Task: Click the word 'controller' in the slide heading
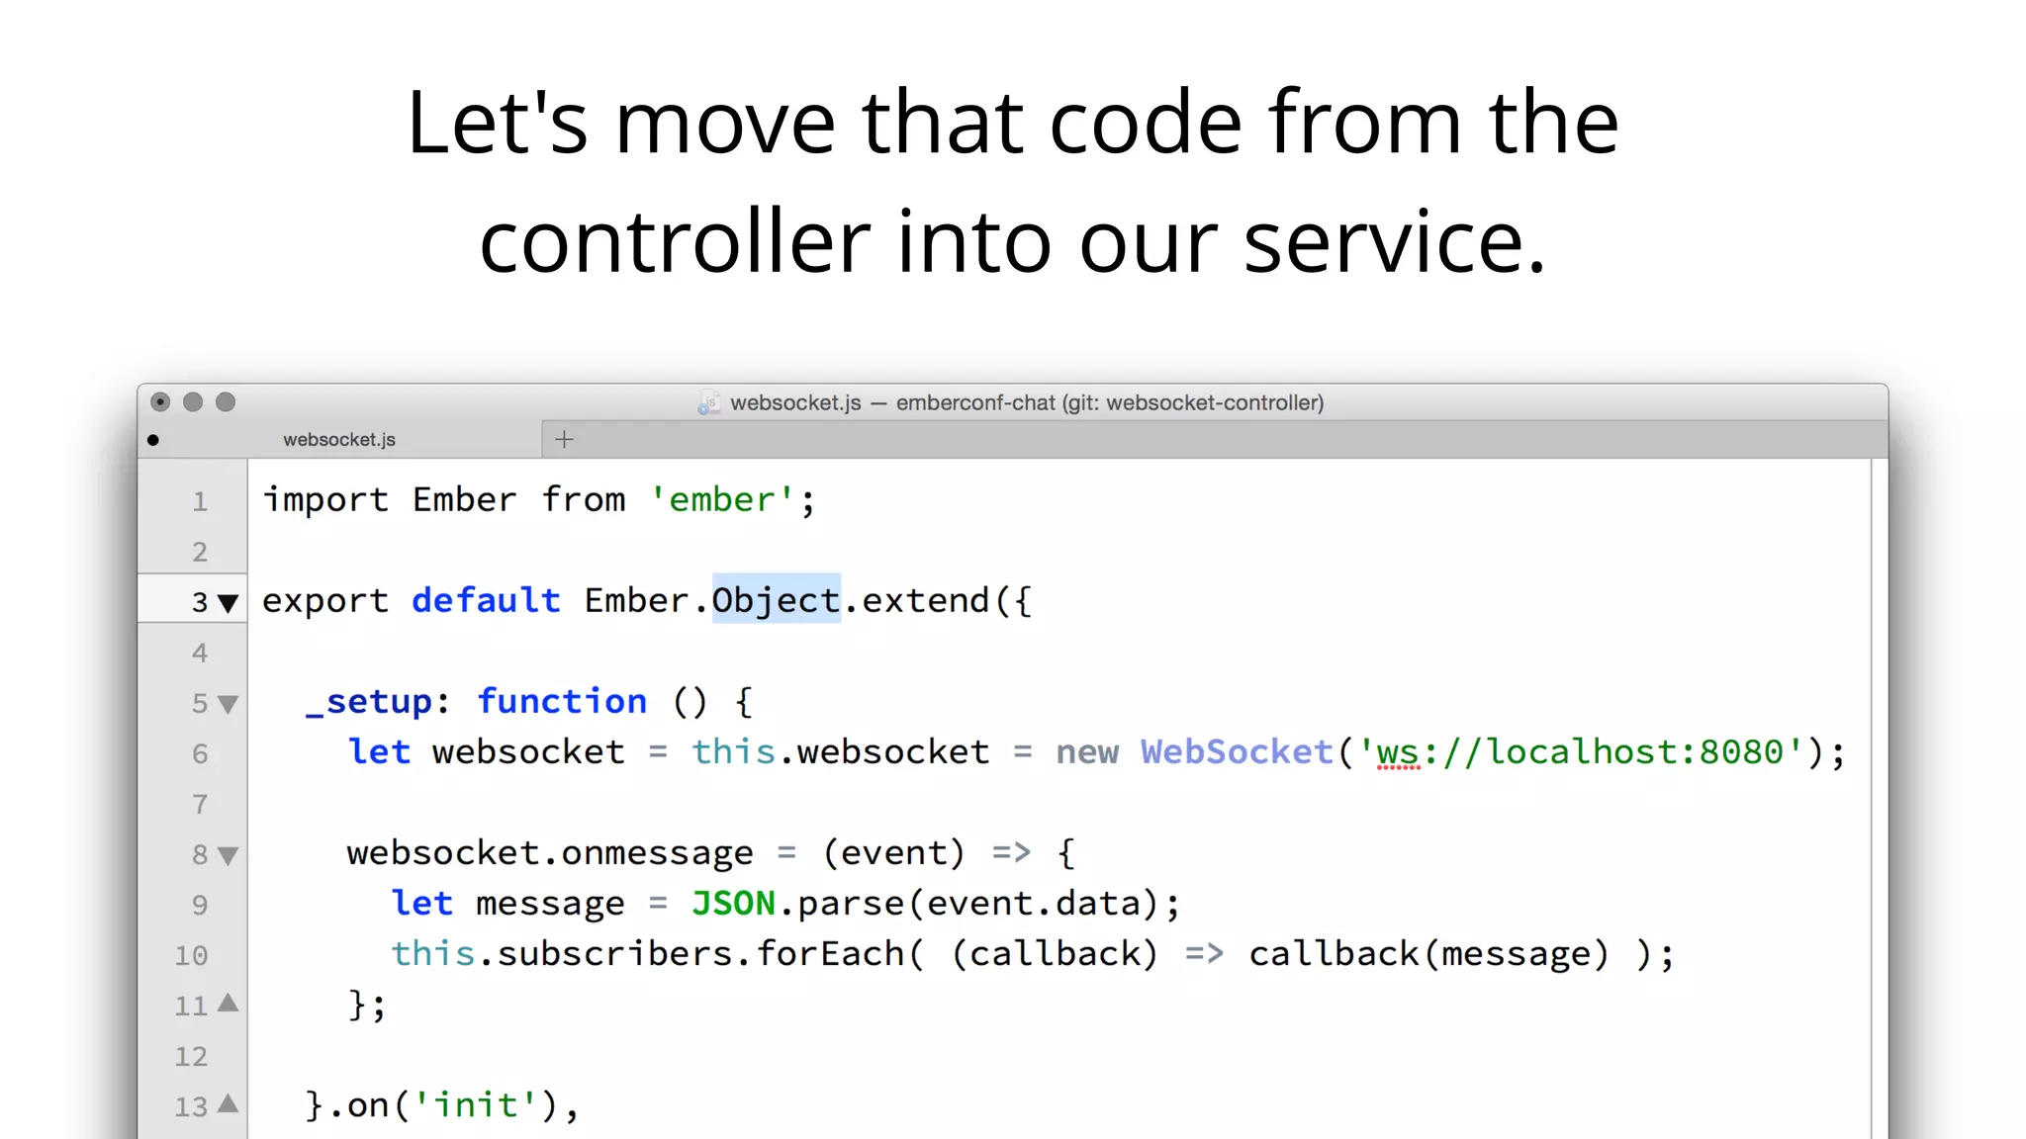click(675, 242)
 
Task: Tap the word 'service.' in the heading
click(1394, 242)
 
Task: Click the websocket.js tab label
click(339, 440)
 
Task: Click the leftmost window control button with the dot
click(160, 402)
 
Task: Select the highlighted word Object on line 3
click(777, 600)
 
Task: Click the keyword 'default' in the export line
click(486, 600)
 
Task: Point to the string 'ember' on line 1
click(722, 500)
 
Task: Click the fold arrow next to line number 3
click(228, 603)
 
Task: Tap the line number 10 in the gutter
click(192, 956)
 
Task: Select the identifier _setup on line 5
click(369, 702)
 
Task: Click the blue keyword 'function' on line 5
click(562, 702)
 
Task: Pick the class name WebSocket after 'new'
click(1237, 752)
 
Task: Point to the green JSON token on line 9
click(733, 904)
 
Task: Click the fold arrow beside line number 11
click(229, 1004)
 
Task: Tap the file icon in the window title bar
click(708, 403)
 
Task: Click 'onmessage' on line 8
click(657, 853)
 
